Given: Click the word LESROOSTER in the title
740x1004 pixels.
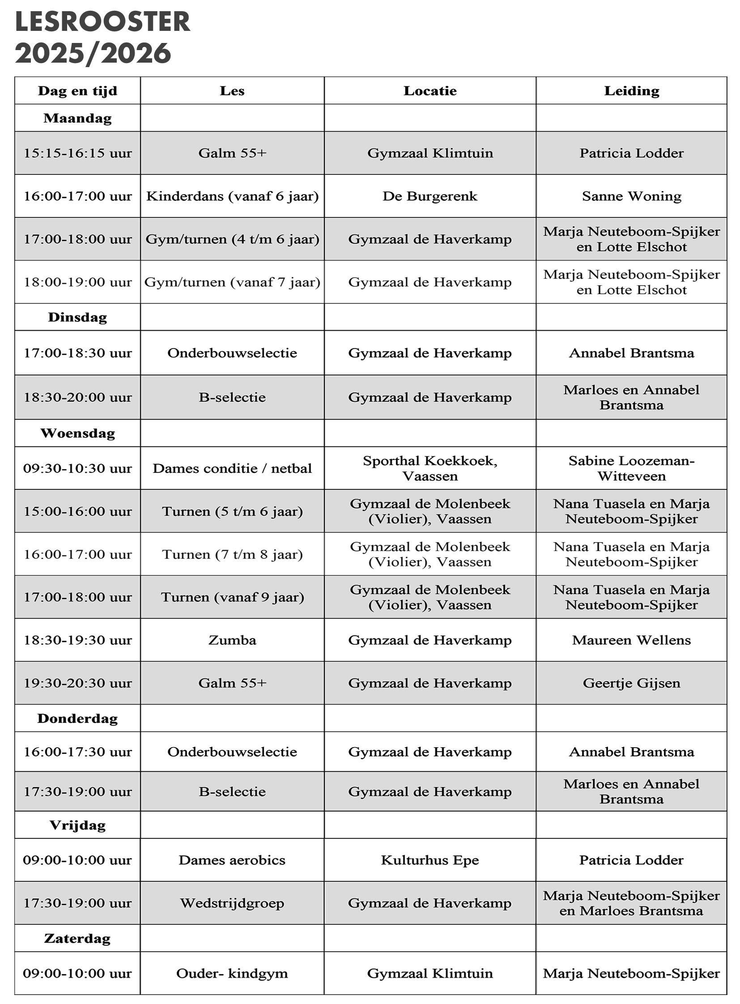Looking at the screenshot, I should [102, 22].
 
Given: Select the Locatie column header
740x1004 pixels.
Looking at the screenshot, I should [430, 91].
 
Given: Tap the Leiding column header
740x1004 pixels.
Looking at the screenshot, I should [631, 91].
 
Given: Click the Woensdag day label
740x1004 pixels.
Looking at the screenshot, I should [77, 433].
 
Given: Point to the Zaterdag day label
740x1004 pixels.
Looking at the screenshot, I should [77, 939].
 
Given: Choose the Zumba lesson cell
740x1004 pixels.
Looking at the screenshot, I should [232, 640].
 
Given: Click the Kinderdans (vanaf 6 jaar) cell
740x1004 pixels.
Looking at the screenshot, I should [232, 196].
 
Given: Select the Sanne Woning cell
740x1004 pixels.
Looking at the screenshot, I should [631, 196].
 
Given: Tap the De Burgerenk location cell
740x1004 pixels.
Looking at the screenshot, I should [430, 196].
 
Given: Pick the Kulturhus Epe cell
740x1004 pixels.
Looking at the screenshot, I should [430, 860].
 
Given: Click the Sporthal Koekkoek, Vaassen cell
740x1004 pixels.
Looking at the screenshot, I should [430, 468].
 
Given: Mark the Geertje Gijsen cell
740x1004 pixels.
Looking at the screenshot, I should [631, 683].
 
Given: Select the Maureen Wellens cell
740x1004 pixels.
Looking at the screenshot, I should [631, 640].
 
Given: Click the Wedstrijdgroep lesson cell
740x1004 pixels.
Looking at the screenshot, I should [232, 903].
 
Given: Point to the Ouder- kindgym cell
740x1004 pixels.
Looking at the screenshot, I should [232, 973].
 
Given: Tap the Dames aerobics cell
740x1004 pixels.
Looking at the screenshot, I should [232, 860].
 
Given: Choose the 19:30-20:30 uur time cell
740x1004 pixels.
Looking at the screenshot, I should [77, 683].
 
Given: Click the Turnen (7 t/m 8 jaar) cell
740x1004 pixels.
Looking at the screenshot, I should [232, 554].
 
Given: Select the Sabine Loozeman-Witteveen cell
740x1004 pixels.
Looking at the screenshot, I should [631, 468].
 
